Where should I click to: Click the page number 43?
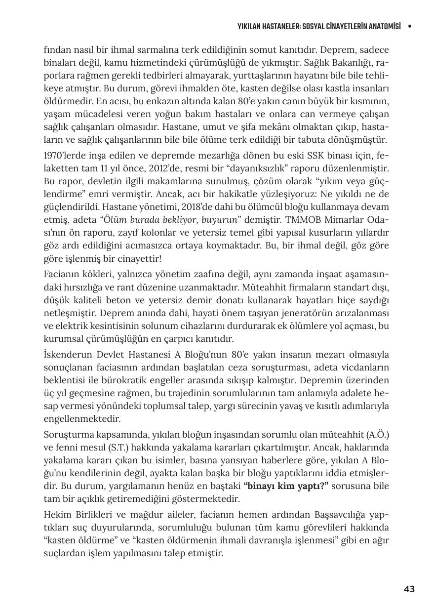click(409, 589)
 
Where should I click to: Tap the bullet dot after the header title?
click(409, 27)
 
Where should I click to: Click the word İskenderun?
click(67, 355)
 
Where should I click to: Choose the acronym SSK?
click(301, 155)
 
